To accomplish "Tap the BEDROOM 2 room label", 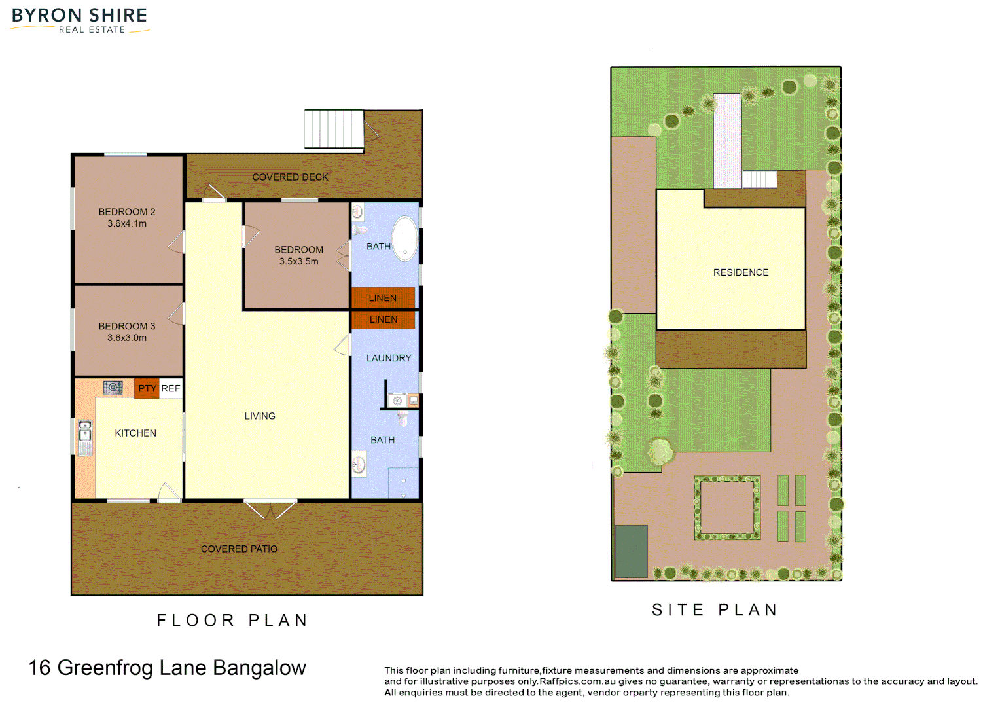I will point(127,212).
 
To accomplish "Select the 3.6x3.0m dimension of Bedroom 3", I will point(127,338).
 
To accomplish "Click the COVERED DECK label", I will point(290,177).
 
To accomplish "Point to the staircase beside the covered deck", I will point(334,129).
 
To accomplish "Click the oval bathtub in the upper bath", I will point(405,239).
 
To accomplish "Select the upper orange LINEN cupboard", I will point(383,298).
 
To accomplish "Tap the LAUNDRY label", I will point(389,358).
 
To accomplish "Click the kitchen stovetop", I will point(113,388).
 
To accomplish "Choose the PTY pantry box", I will point(147,388).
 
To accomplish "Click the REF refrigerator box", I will point(171,388).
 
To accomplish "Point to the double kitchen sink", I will point(84,437).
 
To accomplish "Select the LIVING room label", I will point(260,416).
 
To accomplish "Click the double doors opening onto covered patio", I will point(270,509).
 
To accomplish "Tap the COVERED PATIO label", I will point(239,549).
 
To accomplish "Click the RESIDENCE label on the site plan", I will point(741,272).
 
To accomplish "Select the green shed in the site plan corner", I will point(632,551).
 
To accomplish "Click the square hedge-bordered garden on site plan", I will point(727,508).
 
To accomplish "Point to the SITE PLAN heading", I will point(715,609).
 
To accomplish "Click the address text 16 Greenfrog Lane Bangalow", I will point(168,668).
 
